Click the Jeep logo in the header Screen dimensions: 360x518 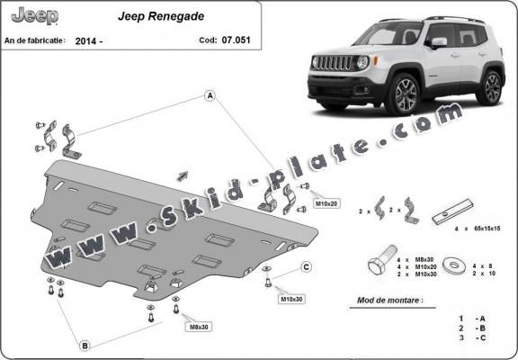tap(33, 16)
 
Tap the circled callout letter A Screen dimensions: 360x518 tap(210, 95)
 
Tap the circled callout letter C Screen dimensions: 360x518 tap(306, 266)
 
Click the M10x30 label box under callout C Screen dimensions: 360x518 tap(290, 298)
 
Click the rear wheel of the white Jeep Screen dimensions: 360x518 tap(490, 87)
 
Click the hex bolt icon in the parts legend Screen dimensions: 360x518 tap(379, 266)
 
